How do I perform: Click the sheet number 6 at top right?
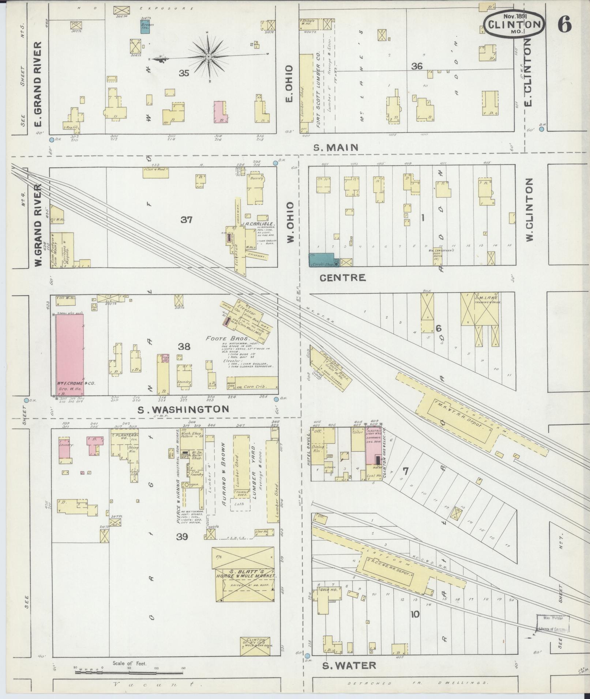click(564, 24)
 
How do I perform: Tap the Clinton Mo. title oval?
click(514, 24)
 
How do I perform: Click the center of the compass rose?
click(208, 57)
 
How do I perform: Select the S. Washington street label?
click(183, 409)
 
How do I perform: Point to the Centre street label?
click(342, 278)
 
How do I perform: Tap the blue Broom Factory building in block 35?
click(145, 27)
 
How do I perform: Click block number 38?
click(184, 346)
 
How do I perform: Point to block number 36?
click(417, 67)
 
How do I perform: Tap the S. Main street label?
click(336, 147)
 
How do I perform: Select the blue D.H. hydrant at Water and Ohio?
click(307, 656)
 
